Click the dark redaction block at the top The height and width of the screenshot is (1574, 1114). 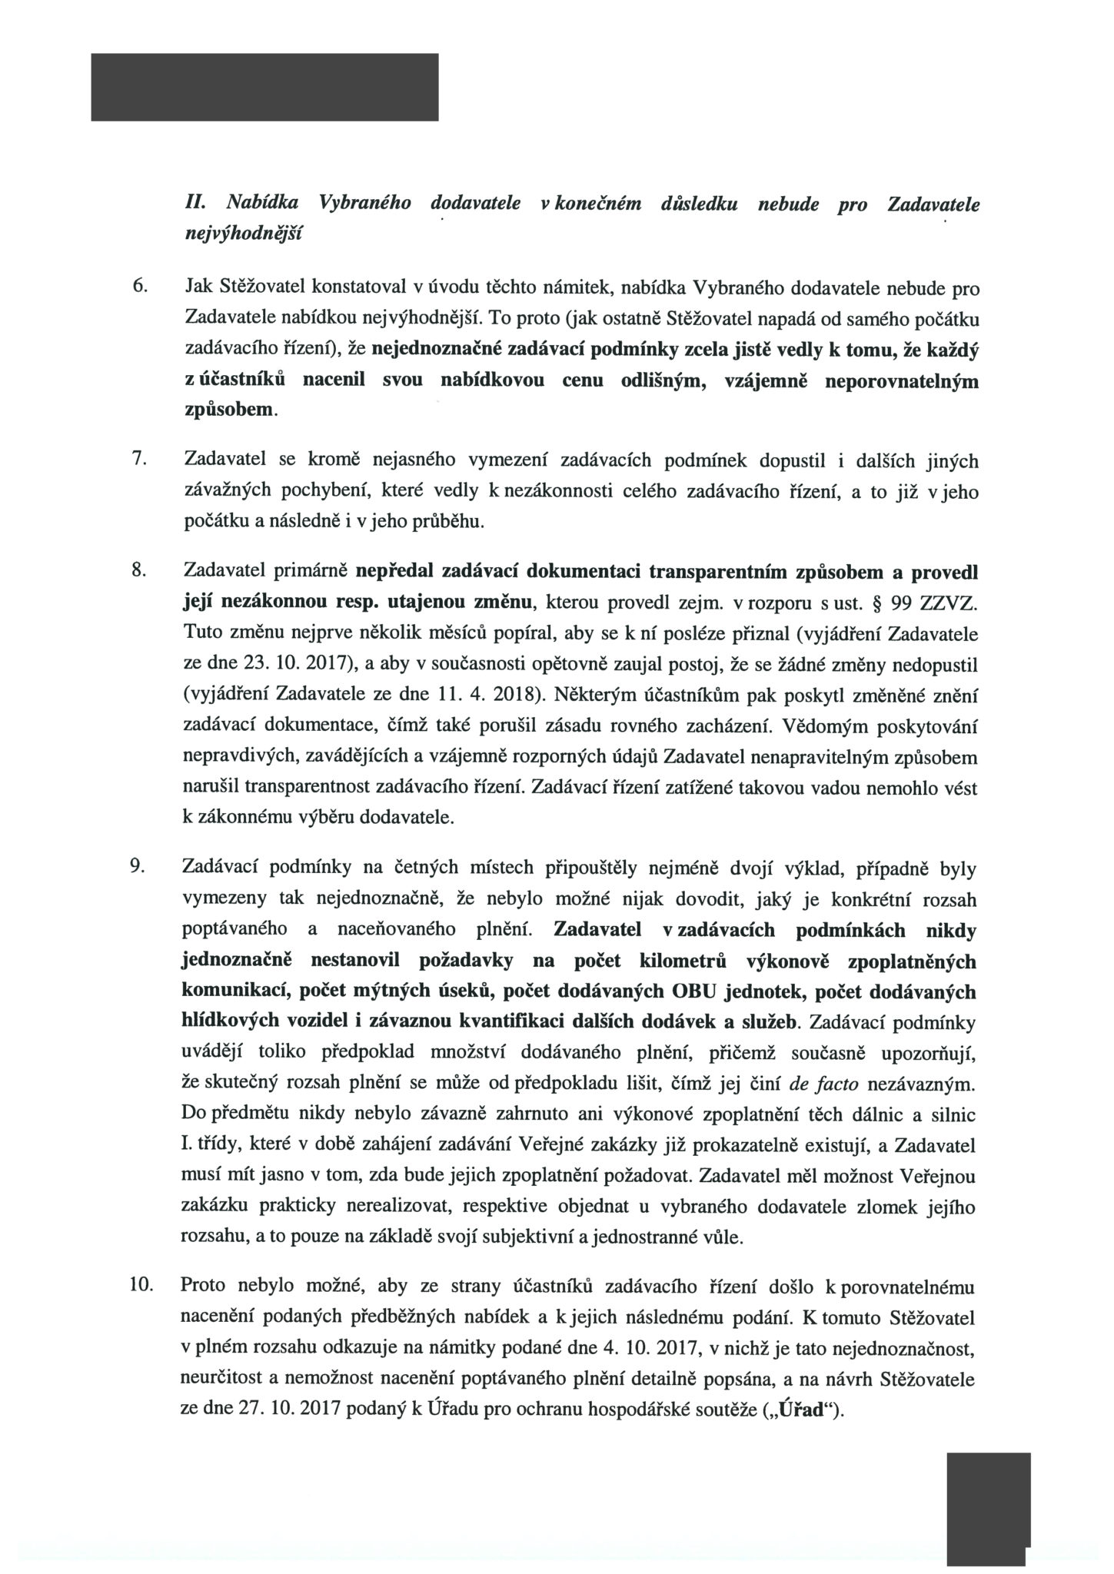pos(264,87)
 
